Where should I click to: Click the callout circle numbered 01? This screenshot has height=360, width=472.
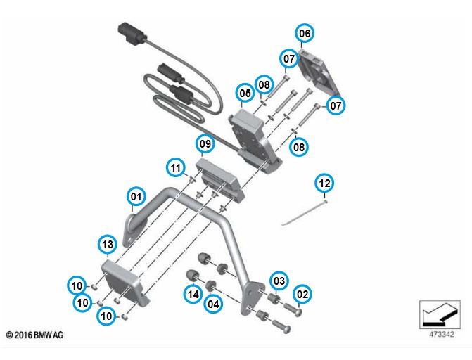click(136, 197)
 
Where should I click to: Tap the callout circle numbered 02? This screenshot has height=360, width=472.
click(302, 294)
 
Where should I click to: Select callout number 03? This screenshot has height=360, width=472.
click(279, 281)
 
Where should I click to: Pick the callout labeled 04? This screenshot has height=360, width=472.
click(213, 304)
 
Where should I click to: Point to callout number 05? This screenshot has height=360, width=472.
click(245, 93)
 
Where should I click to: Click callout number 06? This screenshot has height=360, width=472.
click(305, 33)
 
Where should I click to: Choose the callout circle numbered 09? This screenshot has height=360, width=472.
click(205, 144)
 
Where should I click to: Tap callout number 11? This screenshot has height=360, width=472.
click(176, 167)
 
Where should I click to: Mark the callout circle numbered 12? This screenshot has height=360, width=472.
click(324, 183)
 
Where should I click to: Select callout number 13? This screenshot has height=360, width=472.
click(108, 244)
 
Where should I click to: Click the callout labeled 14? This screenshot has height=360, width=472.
click(193, 294)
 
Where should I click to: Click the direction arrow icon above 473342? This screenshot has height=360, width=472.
click(440, 315)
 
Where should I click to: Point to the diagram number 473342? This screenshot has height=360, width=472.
click(441, 335)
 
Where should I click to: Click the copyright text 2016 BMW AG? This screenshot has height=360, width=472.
click(34, 335)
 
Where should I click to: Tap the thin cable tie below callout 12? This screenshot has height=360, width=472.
click(304, 213)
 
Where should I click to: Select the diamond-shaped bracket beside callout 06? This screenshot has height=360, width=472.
click(318, 72)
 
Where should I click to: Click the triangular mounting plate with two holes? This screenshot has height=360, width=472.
click(250, 298)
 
